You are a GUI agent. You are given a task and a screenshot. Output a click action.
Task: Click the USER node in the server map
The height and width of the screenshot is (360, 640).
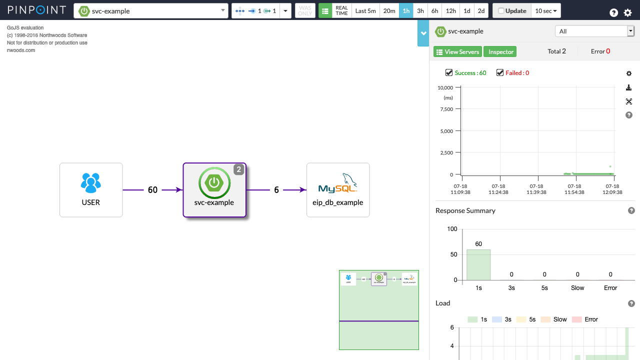(91, 190)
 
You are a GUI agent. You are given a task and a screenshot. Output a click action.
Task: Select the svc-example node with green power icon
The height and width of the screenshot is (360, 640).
(214, 189)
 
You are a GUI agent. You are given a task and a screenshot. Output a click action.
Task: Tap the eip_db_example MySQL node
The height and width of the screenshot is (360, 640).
(338, 190)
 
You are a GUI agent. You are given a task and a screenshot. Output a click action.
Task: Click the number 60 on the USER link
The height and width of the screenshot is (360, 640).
(152, 190)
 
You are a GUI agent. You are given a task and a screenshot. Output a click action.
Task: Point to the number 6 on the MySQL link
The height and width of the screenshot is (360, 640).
(276, 190)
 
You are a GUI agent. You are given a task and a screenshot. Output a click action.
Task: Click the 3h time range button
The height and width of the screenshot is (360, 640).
(420, 11)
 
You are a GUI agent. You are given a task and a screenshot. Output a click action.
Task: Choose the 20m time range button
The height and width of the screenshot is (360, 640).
(389, 11)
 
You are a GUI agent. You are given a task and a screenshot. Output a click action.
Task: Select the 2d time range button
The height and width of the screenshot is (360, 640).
(481, 11)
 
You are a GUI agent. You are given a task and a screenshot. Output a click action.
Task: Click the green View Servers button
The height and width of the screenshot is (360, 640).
(457, 52)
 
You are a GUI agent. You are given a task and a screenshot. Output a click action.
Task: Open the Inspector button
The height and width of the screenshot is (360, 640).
(500, 52)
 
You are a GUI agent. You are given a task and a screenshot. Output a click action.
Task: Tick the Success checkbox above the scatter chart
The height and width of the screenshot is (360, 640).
(449, 73)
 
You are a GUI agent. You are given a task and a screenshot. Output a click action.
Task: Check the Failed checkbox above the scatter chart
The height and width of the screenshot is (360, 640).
(500, 73)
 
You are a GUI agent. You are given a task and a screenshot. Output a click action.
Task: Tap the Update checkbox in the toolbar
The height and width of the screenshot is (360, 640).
(501, 11)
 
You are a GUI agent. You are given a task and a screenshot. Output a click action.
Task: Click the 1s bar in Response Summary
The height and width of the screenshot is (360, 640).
(478, 264)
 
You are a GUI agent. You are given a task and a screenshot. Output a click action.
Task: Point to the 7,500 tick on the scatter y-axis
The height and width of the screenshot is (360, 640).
(445, 109)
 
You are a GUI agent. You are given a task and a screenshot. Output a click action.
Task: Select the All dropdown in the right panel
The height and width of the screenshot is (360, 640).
(594, 31)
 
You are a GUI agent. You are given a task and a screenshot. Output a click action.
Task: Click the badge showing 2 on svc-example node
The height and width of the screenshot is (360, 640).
(239, 170)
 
